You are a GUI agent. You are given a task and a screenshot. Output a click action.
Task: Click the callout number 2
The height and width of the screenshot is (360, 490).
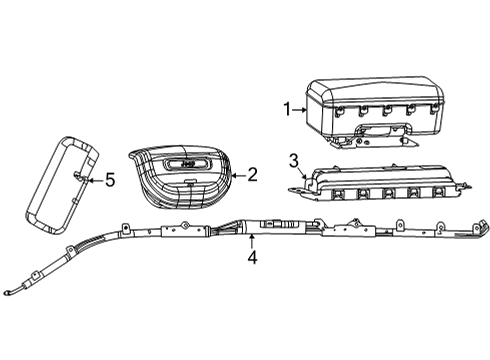pyautogui.click(x=252, y=174)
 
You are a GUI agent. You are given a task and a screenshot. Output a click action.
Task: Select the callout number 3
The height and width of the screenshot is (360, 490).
pyautogui.click(x=293, y=161)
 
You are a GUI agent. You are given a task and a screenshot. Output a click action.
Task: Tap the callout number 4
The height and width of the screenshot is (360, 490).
pyautogui.click(x=252, y=257)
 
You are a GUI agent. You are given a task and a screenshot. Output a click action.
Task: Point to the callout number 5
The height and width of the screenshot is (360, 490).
pyautogui.click(x=111, y=180)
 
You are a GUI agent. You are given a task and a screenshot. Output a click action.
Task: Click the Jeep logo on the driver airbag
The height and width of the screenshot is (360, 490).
pyautogui.click(x=188, y=160)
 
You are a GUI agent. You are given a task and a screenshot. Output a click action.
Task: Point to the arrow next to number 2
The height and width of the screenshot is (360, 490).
pyautogui.click(x=235, y=174)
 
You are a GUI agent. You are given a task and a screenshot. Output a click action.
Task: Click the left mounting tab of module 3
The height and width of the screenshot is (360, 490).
pyautogui.click(x=297, y=184)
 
